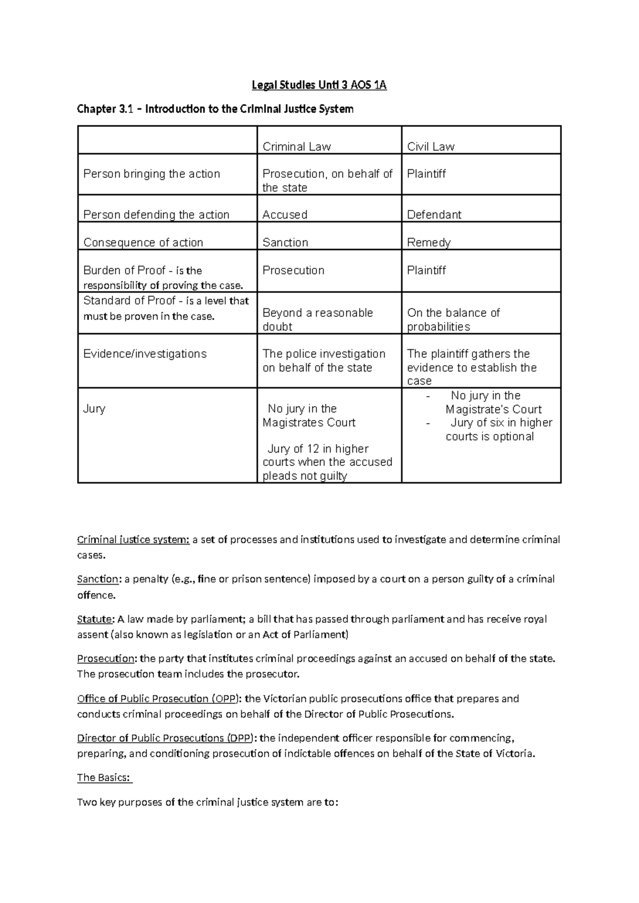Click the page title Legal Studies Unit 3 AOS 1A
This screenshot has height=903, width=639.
(319, 85)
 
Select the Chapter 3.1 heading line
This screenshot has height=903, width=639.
(215, 109)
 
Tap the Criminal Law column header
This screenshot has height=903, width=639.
(297, 146)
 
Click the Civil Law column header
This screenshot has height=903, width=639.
(430, 146)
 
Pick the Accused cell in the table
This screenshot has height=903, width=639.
(285, 215)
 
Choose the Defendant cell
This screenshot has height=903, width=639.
(434, 215)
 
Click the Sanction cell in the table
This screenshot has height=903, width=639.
(285, 242)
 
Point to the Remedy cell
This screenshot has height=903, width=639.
(429, 242)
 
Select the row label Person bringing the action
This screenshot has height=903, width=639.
(152, 174)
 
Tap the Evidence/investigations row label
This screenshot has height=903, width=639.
(145, 354)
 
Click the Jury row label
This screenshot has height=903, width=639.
(94, 408)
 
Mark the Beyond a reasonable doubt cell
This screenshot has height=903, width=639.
(317, 319)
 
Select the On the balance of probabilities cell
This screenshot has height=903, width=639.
(453, 319)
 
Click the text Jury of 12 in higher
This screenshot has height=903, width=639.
(318, 448)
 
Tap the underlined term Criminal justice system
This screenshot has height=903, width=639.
(133, 539)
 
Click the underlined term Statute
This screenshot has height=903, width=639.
(95, 619)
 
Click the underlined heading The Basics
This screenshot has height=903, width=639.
(104, 777)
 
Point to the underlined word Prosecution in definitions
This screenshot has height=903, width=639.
(106, 659)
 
